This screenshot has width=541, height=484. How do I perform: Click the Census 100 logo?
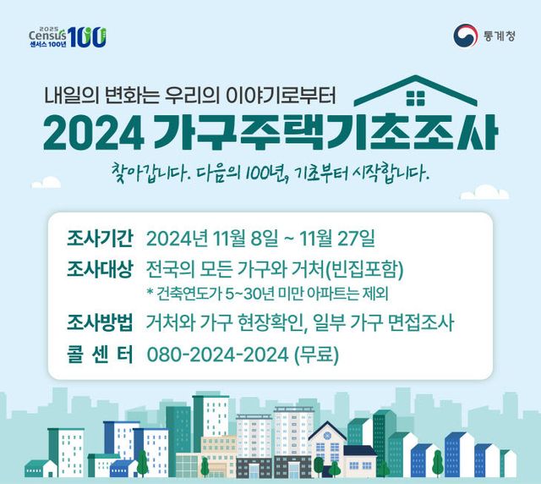pos(67,36)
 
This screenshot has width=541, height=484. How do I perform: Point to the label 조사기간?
pos(100,234)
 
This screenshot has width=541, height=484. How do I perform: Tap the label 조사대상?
pos(100,270)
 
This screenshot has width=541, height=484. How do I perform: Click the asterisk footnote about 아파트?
pos(266,294)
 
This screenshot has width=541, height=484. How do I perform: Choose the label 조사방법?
pos(100,322)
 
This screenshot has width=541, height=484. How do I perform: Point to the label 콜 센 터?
pos(100,355)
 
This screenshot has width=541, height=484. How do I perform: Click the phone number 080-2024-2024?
pos(217,355)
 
